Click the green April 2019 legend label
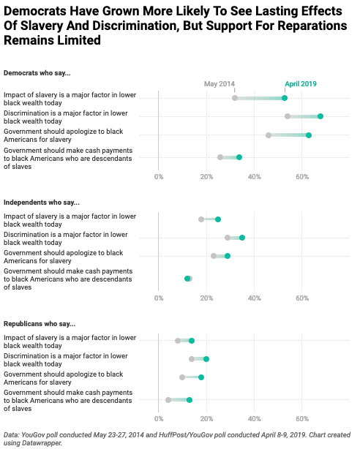pos(301,84)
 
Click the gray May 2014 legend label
pos(220,84)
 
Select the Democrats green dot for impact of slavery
pos(285,98)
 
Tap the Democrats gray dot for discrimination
pos(288,116)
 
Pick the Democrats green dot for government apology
pos(309,135)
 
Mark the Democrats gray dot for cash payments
pos(220,157)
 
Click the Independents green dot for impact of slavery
pos(218,219)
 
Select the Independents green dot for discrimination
pos(242,238)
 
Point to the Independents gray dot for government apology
pos(214,256)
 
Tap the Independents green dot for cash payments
pos(187,279)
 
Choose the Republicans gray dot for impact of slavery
pos(178,341)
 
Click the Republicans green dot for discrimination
pos(206,359)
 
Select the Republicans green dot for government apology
pos(201,377)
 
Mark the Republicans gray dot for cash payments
pos(168,400)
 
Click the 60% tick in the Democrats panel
pos(302,177)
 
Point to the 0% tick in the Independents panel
pos(159,298)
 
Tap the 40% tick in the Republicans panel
pos(254,419)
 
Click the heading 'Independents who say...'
pos(42,203)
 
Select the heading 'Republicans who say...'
pos(40,324)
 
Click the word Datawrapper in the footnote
pos(46,443)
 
